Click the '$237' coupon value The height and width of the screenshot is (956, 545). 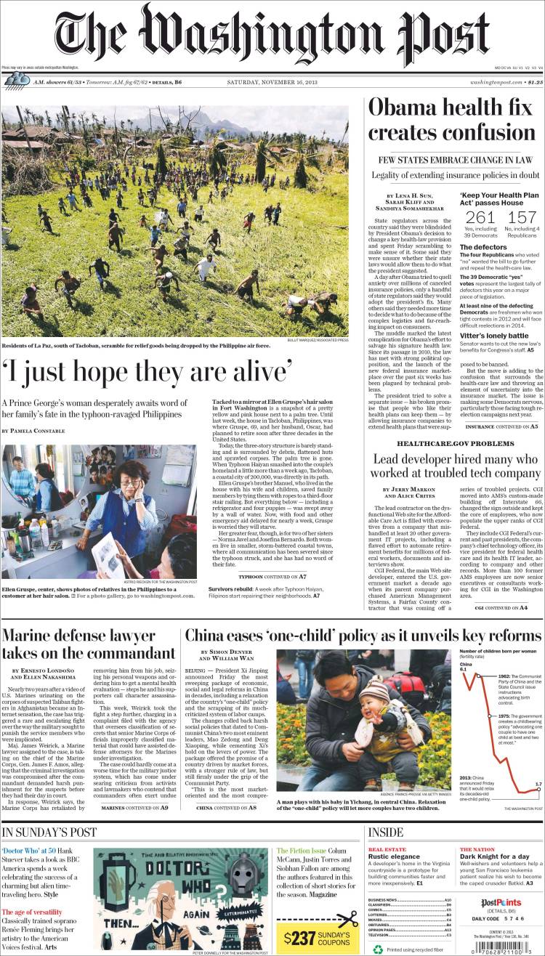tap(299, 937)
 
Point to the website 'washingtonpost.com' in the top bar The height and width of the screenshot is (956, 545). tap(496, 82)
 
